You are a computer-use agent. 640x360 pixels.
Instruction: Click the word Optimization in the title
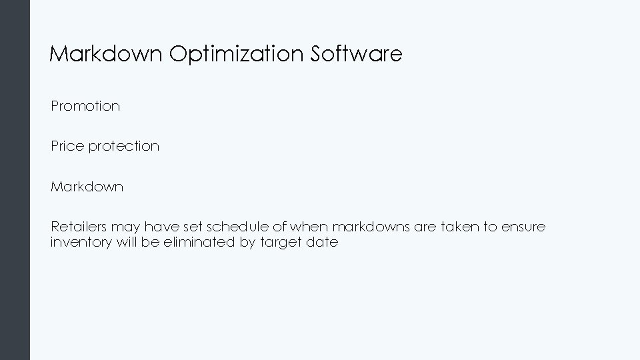[237, 54]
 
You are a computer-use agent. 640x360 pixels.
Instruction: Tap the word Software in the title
[357, 54]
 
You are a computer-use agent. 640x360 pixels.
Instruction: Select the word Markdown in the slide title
[106, 54]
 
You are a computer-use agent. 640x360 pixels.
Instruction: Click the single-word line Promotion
[85, 106]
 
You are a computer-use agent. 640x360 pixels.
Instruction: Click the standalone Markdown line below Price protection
[87, 187]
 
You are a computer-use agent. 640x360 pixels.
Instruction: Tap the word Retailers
[79, 227]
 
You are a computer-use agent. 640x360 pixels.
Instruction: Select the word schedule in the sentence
[234, 227]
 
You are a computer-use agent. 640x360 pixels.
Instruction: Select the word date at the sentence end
[322, 243]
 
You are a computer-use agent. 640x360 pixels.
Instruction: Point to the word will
[127, 243]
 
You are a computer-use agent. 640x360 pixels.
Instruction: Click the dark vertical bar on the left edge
[15, 180]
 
